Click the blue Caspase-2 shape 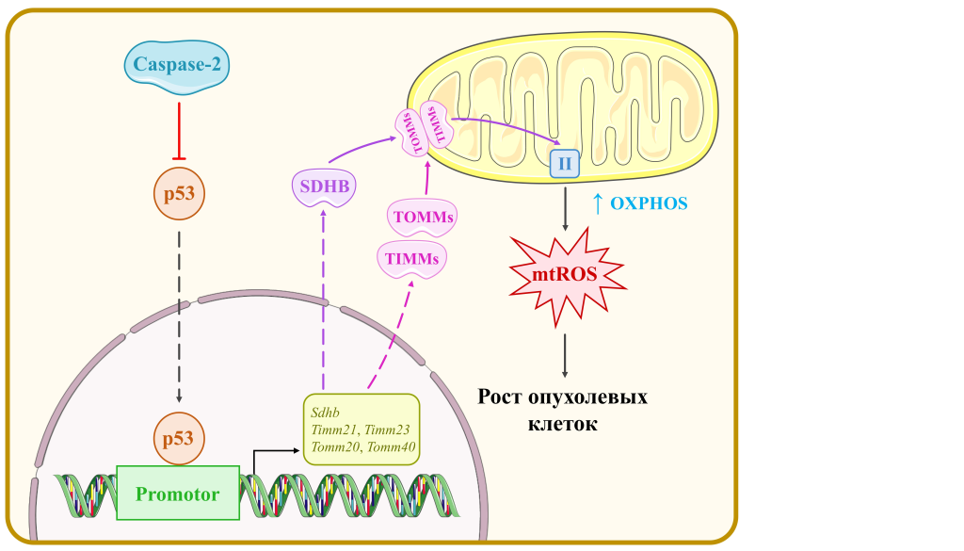point(177,67)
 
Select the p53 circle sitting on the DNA point(178,439)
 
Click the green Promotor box point(178,493)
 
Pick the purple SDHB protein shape point(324,186)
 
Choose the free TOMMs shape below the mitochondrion point(424,218)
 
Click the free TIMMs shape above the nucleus point(412,257)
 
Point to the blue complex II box point(565,164)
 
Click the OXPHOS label point(649,203)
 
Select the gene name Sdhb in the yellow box point(325,412)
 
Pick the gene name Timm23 point(388,429)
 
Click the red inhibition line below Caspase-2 point(178,128)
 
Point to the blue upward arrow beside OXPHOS point(596,202)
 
